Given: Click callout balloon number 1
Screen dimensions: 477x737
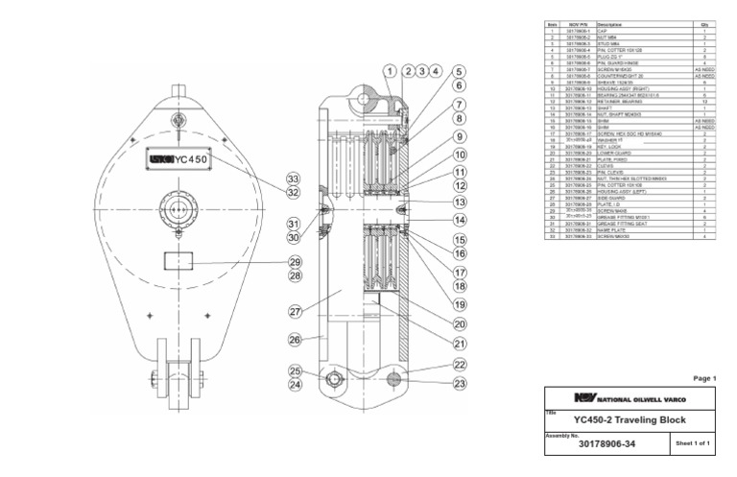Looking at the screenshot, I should pyautogui.click(x=391, y=71).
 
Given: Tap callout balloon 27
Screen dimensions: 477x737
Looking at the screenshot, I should pyautogui.click(x=296, y=311).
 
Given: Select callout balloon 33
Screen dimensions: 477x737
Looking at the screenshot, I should pyautogui.click(x=294, y=179).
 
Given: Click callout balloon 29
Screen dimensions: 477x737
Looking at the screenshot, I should pyautogui.click(x=296, y=262).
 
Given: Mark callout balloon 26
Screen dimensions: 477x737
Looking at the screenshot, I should pyautogui.click(x=296, y=339).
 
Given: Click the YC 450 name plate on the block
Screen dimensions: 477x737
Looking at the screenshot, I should pyautogui.click(x=178, y=159).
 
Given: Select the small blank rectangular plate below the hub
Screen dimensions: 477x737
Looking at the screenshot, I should pyautogui.click(x=178, y=260).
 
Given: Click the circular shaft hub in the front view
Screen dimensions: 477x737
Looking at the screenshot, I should pyautogui.click(x=178, y=207).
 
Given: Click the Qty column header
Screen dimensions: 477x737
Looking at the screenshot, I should pyautogui.click(x=703, y=24).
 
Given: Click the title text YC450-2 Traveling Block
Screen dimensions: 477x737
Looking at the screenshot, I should pyautogui.click(x=630, y=420).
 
